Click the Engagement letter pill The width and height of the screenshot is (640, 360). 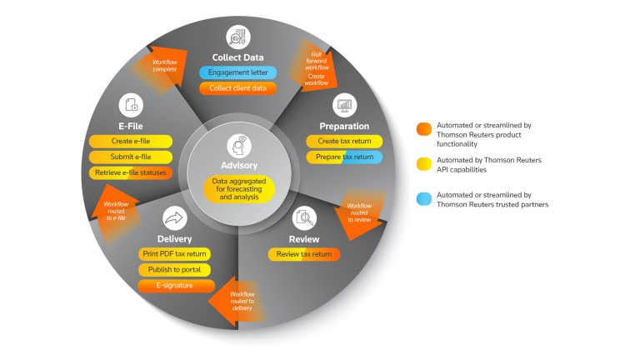tap(237, 72)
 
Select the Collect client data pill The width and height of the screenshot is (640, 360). tap(237, 88)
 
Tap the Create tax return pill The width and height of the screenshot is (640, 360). tap(344, 142)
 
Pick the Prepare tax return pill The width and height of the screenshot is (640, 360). tap(344, 157)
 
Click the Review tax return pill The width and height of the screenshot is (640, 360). tap(303, 254)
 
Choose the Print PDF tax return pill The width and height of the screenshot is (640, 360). tap(174, 254)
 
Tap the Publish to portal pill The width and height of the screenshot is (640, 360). tap(174, 269)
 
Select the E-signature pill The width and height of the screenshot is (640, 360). tap(174, 285)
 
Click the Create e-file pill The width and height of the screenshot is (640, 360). tap(131, 142)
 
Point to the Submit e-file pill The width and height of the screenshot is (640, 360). tap(131, 157)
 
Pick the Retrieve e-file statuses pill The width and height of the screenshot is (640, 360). tap(131, 172)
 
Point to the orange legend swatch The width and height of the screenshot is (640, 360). tap(423, 127)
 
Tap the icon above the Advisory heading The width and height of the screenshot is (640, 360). tap(239, 146)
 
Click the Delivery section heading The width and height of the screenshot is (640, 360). tap(174, 239)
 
